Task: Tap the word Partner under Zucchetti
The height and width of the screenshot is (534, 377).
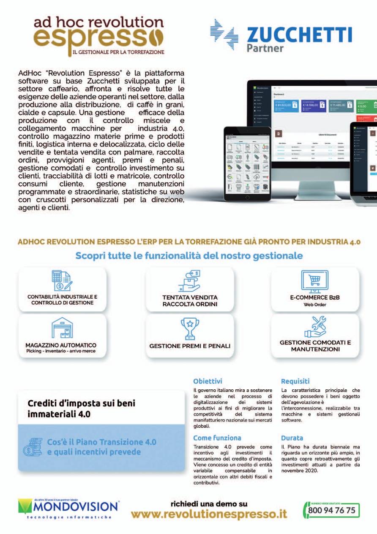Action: pyautogui.click(x=265, y=48)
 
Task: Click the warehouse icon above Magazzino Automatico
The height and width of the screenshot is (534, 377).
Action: pyautogui.click(x=62, y=328)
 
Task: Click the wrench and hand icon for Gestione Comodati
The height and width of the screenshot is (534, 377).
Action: pyautogui.click(x=315, y=327)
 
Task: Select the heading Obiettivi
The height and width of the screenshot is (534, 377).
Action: pyautogui.click(x=208, y=381)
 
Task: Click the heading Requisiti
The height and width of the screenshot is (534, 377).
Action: pyautogui.click(x=295, y=381)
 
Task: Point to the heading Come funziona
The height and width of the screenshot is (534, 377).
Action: pyautogui.click(x=217, y=438)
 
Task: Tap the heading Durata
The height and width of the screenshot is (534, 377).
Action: pyautogui.click(x=292, y=438)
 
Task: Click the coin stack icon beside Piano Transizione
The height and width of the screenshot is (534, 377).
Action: pyautogui.click(x=32, y=447)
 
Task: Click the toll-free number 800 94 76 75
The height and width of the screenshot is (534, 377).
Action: pyautogui.click(x=332, y=510)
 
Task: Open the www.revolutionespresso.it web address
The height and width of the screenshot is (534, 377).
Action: pyautogui.click(x=209, y=514)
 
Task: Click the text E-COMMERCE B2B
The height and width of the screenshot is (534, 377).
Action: pyautogui.click(x=315, y=297)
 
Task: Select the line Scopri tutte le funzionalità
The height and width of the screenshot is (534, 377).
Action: pyautogui.click(x=189, y=256)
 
